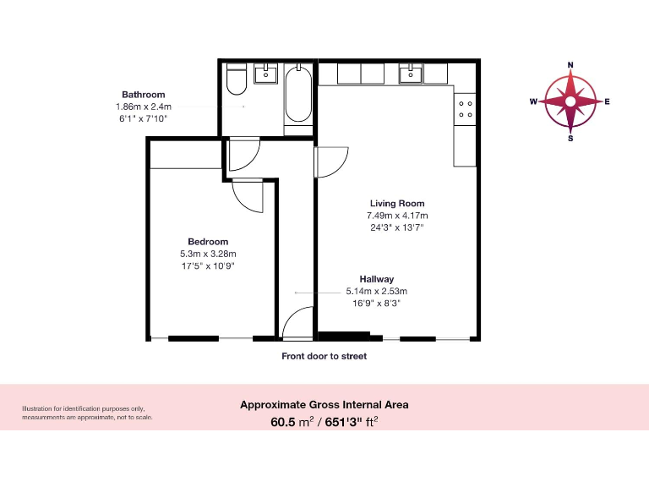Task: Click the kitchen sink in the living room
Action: click(x=412, y=74)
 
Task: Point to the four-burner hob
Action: click(x=466, y=109)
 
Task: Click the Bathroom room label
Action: click(x=144, y=95)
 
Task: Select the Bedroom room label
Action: click(x=208, y=242)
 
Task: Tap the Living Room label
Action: click(x=397, y=203)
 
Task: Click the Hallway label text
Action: click(x=377, y=279)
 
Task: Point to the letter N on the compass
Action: click(x=570, y=65)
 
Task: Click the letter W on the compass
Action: click(x=533, y=101)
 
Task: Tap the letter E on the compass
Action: click(x=607, y=101)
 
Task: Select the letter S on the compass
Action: click(x=570, y=139)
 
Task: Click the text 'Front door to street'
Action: click(x=324, y=357)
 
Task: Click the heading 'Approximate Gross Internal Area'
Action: click(x=324, y=404)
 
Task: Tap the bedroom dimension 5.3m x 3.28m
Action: click(x=208, y=254)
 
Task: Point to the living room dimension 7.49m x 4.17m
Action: click(x=397, y=215)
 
